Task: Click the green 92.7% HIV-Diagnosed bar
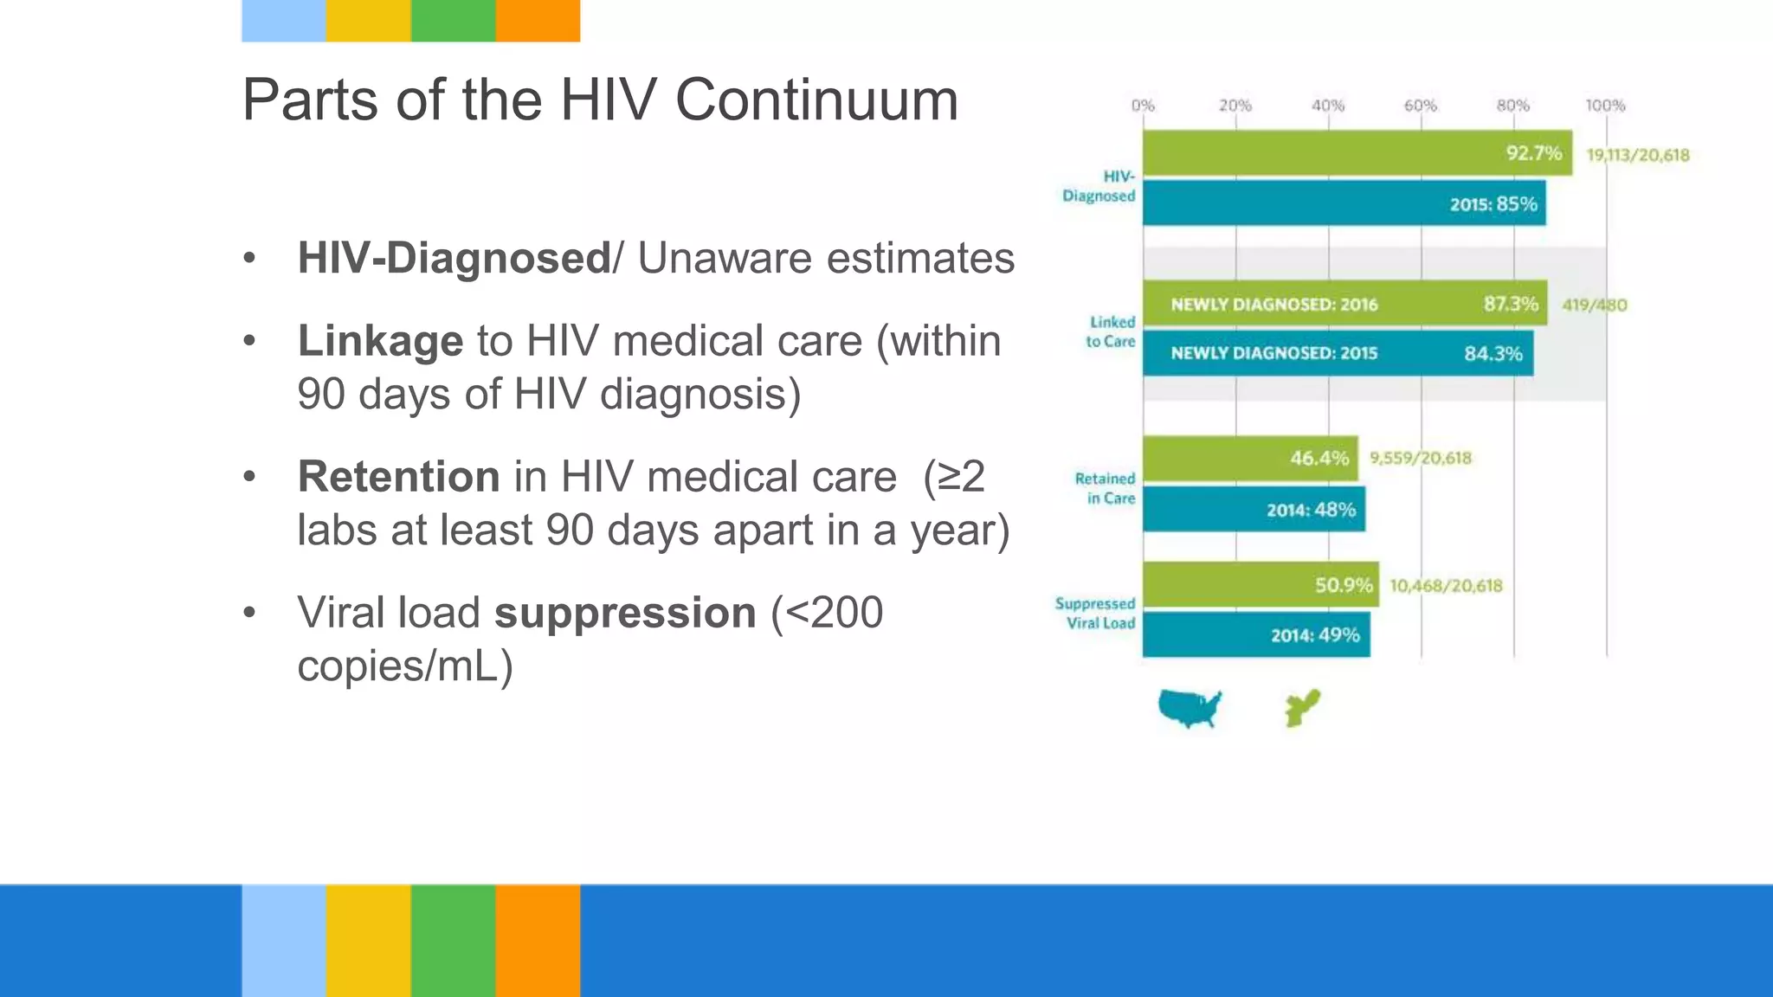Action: tap(1357, 153)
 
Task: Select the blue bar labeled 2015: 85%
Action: tap(1344, 203)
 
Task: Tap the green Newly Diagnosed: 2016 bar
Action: tap(1344, 304)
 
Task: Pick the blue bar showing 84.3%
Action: tap(1338, 353)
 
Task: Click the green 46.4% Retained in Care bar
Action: tap(1250, 458)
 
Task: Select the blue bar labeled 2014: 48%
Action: tap(1254, 510)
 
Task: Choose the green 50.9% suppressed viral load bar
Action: tap(1260, 585)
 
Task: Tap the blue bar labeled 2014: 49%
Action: tap(1256, 635)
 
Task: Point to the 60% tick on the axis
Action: tap(1420, 106)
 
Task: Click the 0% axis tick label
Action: tap(1143, 106)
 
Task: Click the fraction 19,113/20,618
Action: tap(1637, 155)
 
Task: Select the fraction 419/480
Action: tap(1594, 305)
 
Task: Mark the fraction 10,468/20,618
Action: tap(1446, 586)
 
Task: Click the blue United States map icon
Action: tap(1190, 708)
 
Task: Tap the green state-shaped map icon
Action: tap(1302, 708)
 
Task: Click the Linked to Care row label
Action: tap(1111, 331)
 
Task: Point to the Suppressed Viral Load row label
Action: tap(1095, 613)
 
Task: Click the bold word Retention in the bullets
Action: tap(398, 477)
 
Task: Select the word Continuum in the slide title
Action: tap(816, 100)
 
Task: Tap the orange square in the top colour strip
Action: tap(538, 21)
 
